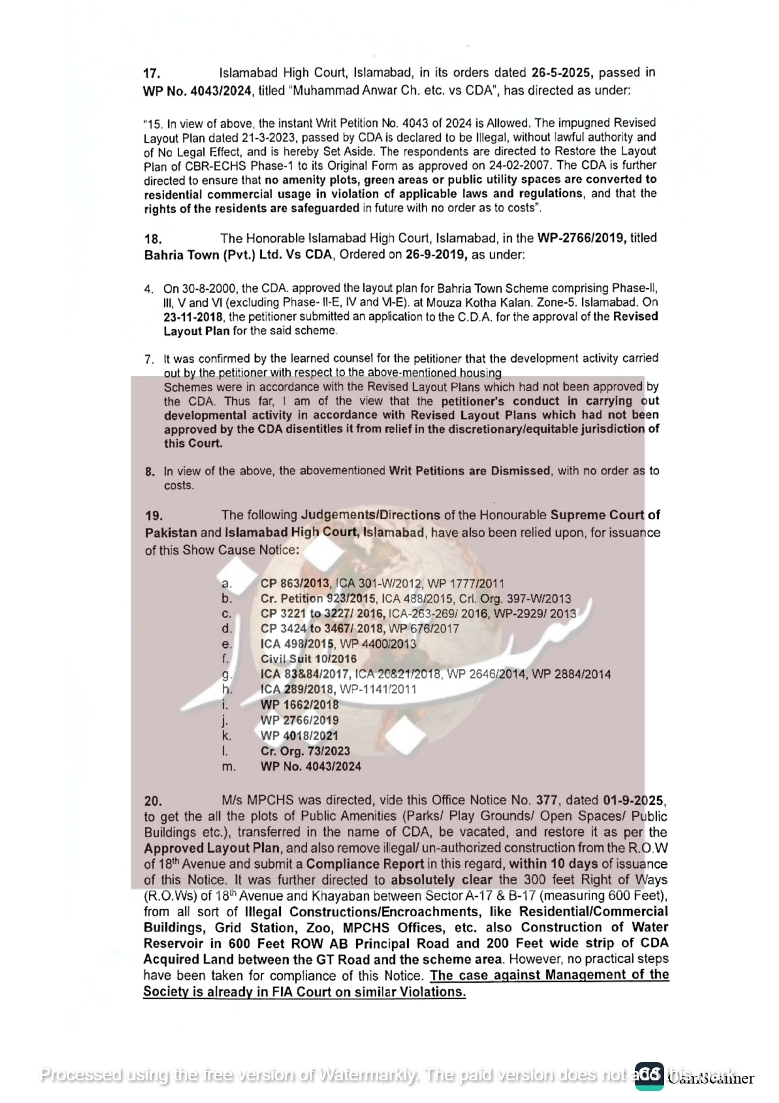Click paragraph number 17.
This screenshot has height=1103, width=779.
151,74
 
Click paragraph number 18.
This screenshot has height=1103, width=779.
153,239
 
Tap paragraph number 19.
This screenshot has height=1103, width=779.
153,516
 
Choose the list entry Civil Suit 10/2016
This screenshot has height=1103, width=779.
308,659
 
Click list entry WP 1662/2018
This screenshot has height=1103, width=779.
299,705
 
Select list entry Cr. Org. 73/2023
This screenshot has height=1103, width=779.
305,751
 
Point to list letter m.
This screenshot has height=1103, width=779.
229,767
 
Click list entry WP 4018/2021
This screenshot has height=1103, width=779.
299,736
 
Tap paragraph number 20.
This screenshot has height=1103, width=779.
153,801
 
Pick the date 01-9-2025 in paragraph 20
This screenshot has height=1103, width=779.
633,801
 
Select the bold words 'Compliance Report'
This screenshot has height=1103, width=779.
364,864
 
